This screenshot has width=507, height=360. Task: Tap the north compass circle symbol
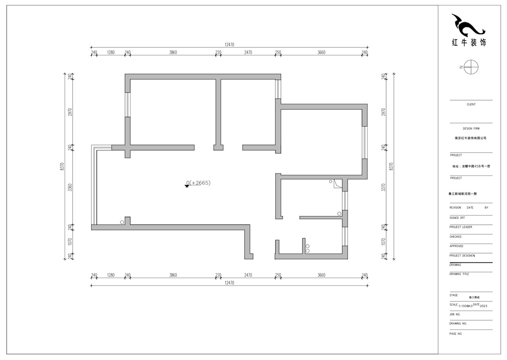pyautogui.click(x=470, y=67)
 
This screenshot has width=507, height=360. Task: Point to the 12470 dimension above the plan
pyautogui.click(x=229, y=44)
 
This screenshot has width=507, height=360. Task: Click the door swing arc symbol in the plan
pyautogui.click(x=337, y=184)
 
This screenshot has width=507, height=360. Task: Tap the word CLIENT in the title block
pyautogui.click(x=471, y=104)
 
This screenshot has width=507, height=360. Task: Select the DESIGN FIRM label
pyautogui.click(x=471, y=128)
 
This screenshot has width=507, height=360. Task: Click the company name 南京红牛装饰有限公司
pyautogui.click(x=471, y=138)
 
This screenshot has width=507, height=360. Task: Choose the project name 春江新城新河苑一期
pyautogui.click(x=462, y=194)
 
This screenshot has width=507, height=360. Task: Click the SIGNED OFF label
pyautogui.click(x=457, y=218)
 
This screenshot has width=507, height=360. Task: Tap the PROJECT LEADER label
pyautogui.click(x=461, y=227)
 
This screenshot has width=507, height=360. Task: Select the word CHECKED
pyautogui.click(x=455, y=237)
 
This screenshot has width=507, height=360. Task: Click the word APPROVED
pyautogui.click(x=456, y=246)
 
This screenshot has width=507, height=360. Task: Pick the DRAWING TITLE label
pyautogui.click(x=459, y=274)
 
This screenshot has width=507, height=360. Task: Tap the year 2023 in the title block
pyautogui.click(x=483, y=305)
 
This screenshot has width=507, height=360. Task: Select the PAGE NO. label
pyautogui.click(x=456, y=333)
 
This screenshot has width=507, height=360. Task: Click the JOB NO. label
pyautogui.click(x=455, y=314)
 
